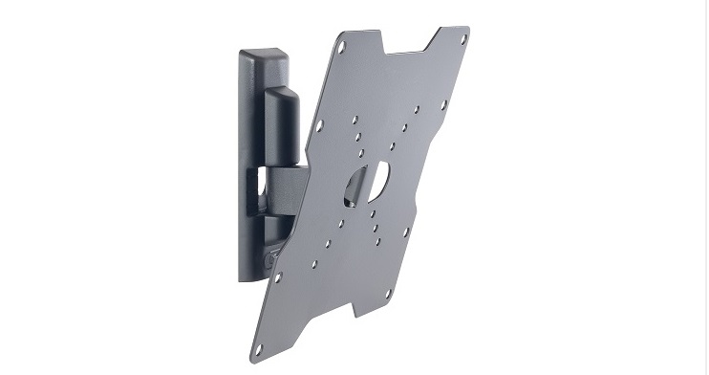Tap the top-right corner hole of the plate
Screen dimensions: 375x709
click(x=462, y=40)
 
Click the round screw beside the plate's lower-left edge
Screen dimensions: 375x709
click(x=271, y=257)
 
